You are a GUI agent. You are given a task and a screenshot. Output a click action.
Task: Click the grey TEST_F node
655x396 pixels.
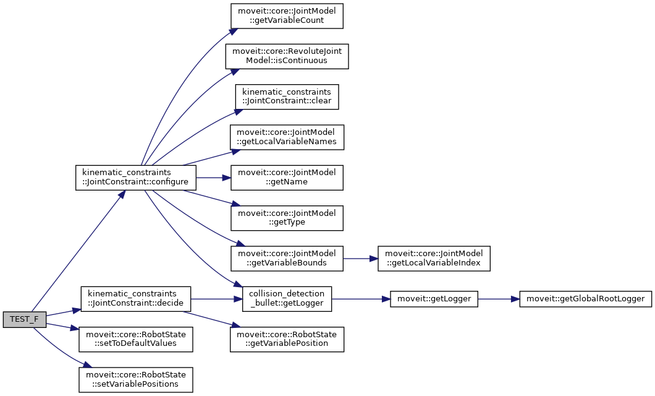pyautogui.click(x=23, y=319)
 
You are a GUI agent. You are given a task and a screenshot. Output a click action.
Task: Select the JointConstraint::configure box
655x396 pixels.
pyautogui.click(x=135, y=178)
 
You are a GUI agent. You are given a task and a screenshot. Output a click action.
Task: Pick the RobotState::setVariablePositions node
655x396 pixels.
pyautogui.click(x=135, y=379)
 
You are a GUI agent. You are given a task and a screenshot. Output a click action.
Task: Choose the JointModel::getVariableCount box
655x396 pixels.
pyautogui.click(x=287, y=16)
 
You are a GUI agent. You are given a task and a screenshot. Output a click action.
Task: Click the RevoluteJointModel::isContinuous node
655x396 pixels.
pyautogui.click(x=287, y=56)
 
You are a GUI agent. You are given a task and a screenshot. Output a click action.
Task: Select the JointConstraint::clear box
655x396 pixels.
pyautogui.click(x=287, y=97)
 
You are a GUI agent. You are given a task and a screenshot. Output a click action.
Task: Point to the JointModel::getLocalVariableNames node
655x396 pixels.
pyautogui.click(x=287, y=137)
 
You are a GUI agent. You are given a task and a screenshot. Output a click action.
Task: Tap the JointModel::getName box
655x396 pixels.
pyautogui.click(x=287, y=178)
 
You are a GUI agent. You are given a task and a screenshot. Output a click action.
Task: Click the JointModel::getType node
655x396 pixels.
pyautogui.click(x=287, y=218)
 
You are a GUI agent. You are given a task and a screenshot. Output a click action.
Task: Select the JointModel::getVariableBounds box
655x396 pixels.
pyautogui.click(x=287, y=259)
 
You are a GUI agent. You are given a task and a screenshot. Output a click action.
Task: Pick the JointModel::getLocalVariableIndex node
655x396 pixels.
pyautogui.click(x=434, y=259)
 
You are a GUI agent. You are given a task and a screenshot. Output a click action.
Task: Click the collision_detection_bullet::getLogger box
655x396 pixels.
pyautogui.click(x=287, y=299)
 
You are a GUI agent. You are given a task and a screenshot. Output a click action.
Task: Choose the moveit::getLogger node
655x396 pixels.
pyautogui.click(x=434, y=299)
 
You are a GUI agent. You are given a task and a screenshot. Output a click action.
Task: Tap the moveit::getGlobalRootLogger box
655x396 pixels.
pyautogui.click(x=585, y=299)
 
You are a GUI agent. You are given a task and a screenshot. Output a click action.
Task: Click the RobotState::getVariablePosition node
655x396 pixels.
pyautogui.click(x=287, y=339)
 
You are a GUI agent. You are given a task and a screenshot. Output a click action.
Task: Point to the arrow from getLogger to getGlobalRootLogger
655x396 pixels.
pyautogui.click(x=498, y=299)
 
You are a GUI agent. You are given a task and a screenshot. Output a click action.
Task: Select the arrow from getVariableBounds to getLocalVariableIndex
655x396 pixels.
pyautogui.click(x=360, y=259)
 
